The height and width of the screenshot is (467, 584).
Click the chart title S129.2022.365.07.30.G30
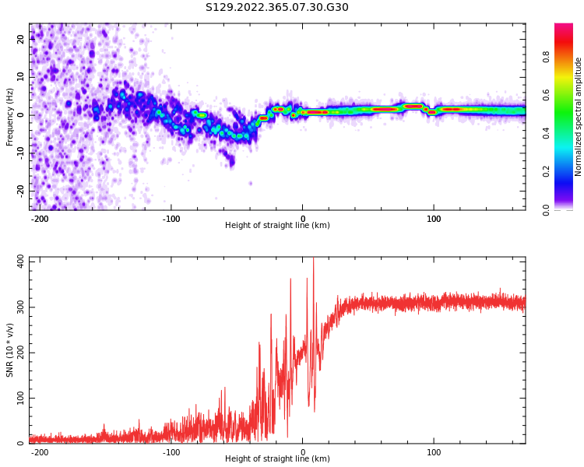[277, 8]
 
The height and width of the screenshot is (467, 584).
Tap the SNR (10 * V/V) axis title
[10, 350]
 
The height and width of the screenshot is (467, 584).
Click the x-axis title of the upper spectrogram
[277, 226]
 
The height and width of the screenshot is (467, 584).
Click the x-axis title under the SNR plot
[277, 459]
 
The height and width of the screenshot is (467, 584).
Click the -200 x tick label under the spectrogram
[40, 219]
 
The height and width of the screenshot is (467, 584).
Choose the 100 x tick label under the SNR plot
[434, 451]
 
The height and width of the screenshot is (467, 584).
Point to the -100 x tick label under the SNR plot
[171, 451]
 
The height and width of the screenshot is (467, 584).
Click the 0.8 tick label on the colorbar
[547, 57]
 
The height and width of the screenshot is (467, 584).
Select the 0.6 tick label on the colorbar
[547, 95]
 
